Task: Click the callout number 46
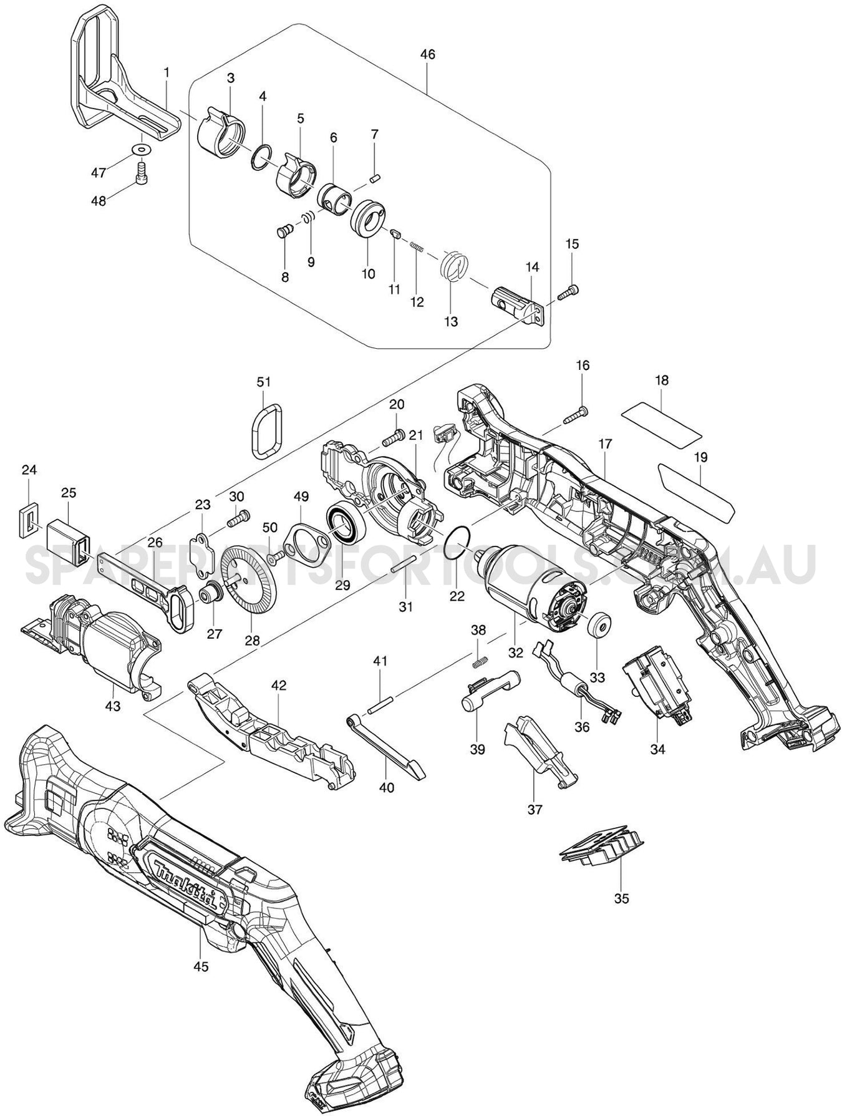point(427,55)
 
